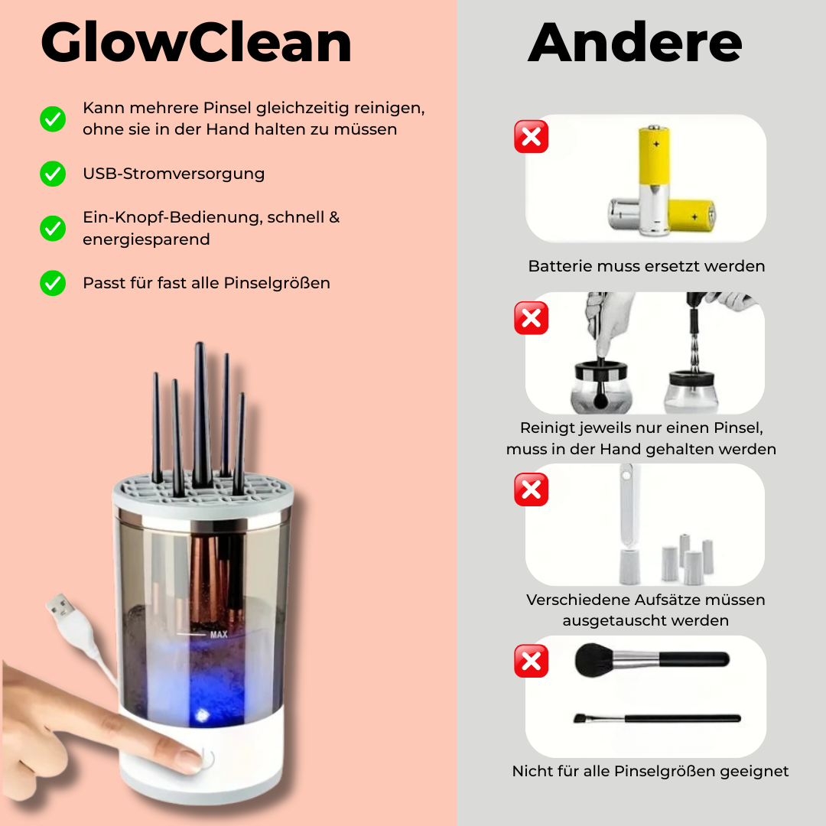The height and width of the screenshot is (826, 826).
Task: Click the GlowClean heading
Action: pos(196,43)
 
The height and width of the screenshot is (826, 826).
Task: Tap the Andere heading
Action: pos(635,42)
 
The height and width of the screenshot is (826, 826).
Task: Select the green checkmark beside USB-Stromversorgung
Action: pos(53,174)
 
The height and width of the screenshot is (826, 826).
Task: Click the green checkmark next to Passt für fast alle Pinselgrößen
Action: pos(53,283)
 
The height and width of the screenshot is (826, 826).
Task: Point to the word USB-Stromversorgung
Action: pos(174,174)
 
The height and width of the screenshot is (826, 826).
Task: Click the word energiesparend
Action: pos(146,239)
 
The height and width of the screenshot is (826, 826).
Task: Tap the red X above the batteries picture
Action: pos(531,136)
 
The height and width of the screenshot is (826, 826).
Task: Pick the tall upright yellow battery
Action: pos(654,178)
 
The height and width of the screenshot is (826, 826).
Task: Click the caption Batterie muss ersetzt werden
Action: pos(646,266)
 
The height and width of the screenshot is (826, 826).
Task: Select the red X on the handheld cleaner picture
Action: pos(531,317)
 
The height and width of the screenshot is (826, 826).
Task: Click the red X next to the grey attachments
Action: pos(531,489)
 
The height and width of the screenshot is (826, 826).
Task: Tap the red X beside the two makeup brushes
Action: pos(531,661)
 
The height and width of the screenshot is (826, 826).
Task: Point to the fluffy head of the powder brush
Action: pos(595,659)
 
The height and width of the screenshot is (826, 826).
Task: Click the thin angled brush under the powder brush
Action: pos(657,718)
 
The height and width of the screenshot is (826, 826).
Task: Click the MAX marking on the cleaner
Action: pos(219,635)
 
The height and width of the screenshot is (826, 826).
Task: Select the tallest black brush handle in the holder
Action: pos(200,415)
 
